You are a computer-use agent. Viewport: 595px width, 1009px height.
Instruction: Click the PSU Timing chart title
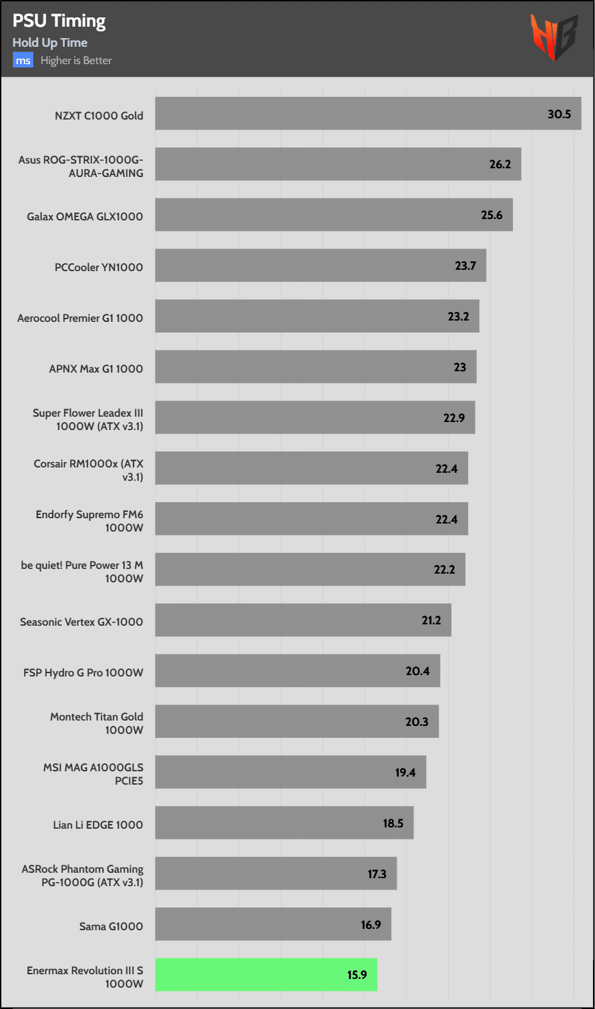coord(59,21)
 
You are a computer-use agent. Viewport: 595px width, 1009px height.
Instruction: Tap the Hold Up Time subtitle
coord(49,43)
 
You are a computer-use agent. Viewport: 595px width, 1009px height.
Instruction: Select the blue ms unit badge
coord(23,61)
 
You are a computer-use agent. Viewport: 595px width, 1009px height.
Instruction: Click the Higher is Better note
coord(76,61)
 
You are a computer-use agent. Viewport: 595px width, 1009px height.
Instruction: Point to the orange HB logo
coord(554,37)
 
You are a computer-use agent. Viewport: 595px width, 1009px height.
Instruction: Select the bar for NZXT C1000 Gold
coord(367,114)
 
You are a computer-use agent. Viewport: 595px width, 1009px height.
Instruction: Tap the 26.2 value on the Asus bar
coord(500,164)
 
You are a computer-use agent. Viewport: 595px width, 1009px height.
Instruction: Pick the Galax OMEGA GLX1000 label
coord(85,216)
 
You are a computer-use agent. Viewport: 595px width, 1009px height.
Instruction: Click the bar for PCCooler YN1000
coord(321,265)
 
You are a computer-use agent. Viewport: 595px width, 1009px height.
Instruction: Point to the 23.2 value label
coord(458,317)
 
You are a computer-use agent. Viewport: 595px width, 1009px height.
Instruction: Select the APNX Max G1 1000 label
coord(95,369)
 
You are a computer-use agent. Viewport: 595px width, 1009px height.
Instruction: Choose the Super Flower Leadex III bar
coord(315,417)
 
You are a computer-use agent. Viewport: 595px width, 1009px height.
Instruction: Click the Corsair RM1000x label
coord(88,470)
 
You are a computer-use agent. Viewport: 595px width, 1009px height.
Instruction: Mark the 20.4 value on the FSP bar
coord(417,671)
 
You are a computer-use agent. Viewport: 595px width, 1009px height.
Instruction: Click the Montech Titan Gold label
coord(97,723)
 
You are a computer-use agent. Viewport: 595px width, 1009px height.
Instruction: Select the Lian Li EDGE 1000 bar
coord(284,822)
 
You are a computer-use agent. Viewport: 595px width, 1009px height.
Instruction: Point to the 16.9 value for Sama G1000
coord(371,925)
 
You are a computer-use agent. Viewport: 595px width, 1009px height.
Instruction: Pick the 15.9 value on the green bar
coord(357,975)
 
